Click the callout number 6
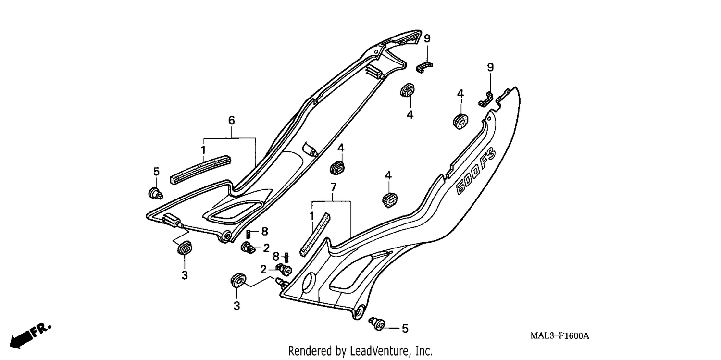click(x=231, y=120)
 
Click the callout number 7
click(x=333, y=187)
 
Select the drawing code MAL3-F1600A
click(x=560, y=336)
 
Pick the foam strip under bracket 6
click(x=200, y=170)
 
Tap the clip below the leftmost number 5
click(x=155, y=193)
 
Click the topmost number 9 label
click(x=427, y=38)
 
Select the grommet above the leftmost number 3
click(x=185, y=248)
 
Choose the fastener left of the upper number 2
click(x=248, y=248)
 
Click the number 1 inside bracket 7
click(x=311, y=216)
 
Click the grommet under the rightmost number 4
click(x=460, y=122)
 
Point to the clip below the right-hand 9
click(x=485, y=99)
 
